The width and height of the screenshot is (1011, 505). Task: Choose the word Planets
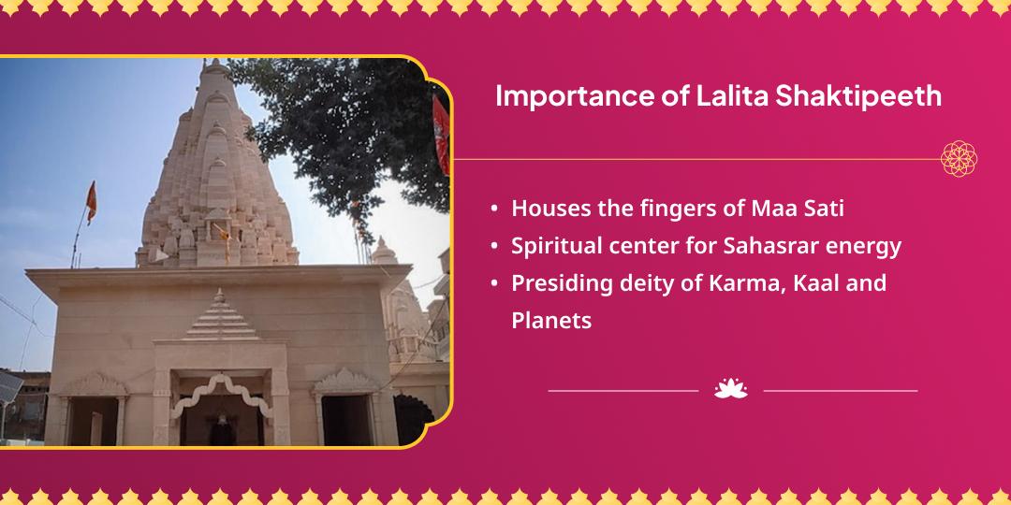pos(551,321)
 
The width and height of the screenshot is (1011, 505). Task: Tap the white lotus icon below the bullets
pos(730,389)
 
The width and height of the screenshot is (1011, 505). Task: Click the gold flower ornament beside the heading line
pos(959,159)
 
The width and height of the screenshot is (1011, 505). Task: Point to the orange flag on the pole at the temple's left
pos(91,201)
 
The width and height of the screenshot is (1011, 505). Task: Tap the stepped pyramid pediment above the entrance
pos(222,315)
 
